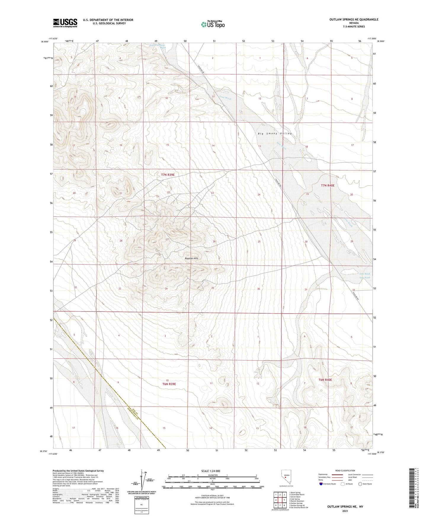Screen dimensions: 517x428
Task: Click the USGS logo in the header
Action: [65, 23]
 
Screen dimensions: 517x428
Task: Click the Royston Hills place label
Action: [191, 258]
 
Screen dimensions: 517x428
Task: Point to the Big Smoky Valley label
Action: [275, 134]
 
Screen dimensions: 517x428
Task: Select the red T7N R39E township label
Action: [168, 175]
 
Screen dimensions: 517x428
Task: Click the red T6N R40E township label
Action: [325, 380]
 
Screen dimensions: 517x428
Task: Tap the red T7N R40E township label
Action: [328, 185]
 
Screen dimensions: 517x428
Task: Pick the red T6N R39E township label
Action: [169, 384]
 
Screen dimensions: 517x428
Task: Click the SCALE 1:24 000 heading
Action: [210, 471]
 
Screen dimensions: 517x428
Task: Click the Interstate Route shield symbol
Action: [321, 484]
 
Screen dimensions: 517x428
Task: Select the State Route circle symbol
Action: [360, 484]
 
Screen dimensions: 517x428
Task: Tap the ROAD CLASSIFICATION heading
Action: [345, 471]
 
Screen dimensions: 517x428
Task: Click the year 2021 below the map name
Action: [345, 511]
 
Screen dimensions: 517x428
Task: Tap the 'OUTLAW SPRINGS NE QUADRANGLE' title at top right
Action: [354, 20]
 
